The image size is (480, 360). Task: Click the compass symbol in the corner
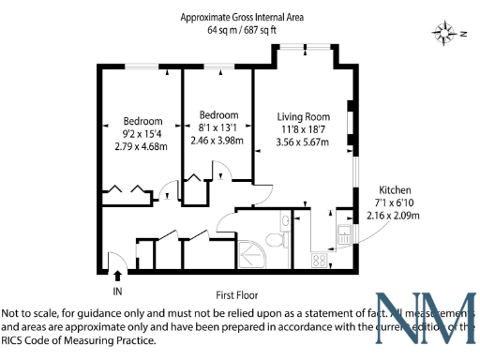pos(443,33)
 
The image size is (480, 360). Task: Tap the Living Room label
pos(305,117)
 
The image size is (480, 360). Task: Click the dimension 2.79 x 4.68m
pos(141,146)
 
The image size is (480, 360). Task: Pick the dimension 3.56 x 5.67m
pos(305,142)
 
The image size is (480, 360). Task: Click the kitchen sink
pos(344,235)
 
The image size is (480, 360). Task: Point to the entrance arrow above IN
pos(117,276)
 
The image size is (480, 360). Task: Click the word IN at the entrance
pos(117,292)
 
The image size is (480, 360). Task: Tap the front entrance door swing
pos(114,260)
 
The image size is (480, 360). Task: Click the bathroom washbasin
pos(283,222)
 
